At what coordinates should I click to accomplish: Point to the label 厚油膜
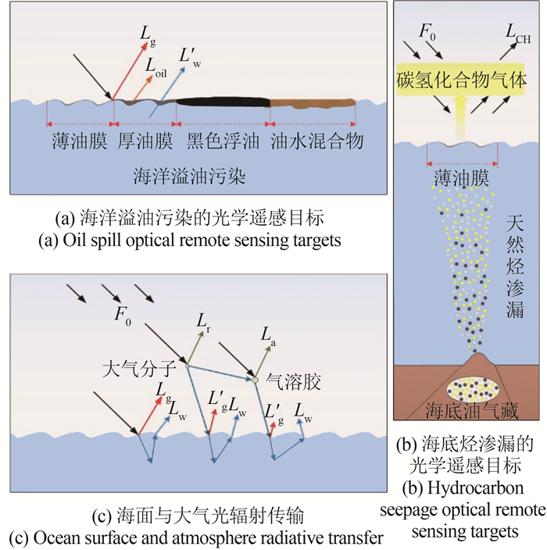click(145, 145)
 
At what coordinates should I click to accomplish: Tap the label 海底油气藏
click(471, 412)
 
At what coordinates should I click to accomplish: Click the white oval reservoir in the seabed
click(472, 388)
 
